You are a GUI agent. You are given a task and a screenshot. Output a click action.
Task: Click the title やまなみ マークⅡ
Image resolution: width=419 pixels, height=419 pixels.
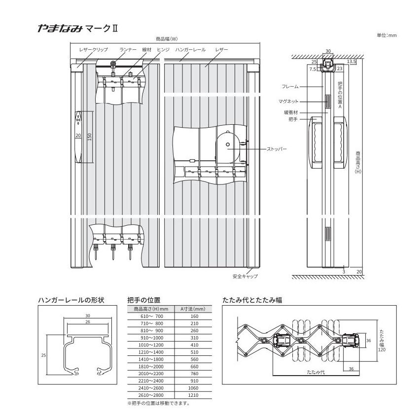tap(77, 28)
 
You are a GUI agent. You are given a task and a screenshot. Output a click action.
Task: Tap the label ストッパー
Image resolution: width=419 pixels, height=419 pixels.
tap(277, 149)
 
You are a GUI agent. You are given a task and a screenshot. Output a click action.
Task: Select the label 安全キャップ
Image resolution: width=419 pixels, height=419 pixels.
tap(245, 277)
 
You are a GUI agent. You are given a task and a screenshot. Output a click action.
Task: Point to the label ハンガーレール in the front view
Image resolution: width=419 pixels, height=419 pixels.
tap(191, 50)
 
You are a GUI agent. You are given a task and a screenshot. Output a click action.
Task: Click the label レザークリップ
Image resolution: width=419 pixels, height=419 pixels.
tap(94, 50)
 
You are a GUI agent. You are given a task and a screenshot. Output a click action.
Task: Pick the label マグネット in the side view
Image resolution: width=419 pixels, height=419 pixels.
tap(288, 102)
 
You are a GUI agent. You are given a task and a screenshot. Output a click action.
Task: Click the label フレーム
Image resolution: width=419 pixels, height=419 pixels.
tap(290, 87)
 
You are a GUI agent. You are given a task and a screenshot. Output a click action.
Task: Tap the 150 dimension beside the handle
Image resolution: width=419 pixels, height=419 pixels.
tap(90, 137)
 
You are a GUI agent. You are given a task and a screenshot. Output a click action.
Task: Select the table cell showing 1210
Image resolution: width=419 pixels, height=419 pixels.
tap(193, 395)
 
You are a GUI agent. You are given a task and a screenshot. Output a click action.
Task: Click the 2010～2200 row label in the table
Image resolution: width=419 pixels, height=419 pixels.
tap(151, 374)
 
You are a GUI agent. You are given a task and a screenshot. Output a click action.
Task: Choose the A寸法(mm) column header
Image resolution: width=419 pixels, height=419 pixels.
tap(193, 309)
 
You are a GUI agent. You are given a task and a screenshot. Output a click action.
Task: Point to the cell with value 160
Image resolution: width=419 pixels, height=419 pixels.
tap(195, 316)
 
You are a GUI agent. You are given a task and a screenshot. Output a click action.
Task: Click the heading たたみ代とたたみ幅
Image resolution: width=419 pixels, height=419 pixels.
tap(252, 300)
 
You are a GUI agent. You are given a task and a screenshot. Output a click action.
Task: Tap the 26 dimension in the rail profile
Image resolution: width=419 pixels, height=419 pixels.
tap(88, 322)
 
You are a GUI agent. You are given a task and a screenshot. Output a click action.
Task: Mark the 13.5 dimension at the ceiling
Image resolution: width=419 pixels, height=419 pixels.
tap(351, 62)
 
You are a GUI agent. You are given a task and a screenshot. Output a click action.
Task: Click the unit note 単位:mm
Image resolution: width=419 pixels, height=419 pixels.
tap(386, 35)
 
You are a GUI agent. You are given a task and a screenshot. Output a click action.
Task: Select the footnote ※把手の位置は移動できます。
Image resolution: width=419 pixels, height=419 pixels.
tap(159, 404)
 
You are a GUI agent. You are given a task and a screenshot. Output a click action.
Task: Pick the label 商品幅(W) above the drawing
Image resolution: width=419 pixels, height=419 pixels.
tap(167, 39)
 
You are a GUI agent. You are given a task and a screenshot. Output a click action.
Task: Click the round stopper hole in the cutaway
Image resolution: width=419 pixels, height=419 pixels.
tap(228, 144)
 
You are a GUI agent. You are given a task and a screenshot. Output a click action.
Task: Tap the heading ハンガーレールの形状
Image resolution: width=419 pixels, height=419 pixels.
tap(71, 300)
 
